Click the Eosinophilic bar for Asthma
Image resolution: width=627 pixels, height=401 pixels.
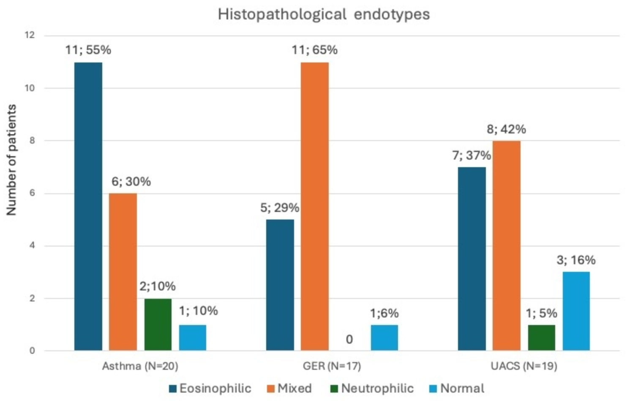88,206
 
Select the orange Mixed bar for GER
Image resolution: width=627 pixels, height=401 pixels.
315,206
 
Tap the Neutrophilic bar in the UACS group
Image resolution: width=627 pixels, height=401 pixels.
541,338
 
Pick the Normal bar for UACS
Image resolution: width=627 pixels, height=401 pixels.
576,311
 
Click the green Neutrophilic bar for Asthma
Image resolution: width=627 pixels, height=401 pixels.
158,324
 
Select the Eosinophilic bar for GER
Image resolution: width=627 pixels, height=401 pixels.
280,285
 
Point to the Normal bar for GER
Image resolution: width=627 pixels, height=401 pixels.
384,338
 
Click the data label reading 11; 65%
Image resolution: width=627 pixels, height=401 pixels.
315,50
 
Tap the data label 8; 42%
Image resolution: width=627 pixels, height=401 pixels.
506,130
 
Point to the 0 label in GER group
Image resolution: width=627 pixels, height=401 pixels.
349,339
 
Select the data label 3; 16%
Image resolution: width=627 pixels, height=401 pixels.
576,260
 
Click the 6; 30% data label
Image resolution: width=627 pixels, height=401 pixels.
131,182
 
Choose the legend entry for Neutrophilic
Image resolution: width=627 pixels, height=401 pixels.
372,388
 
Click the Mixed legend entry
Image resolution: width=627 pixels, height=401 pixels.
289,388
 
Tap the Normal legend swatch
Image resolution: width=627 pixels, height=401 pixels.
433,389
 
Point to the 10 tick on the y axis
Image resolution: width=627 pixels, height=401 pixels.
30,88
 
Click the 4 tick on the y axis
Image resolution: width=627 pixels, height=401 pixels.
32,246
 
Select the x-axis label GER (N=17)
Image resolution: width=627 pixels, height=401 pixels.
332,366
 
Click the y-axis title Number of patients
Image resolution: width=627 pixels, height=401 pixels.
11,160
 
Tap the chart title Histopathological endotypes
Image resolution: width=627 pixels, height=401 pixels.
324,14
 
